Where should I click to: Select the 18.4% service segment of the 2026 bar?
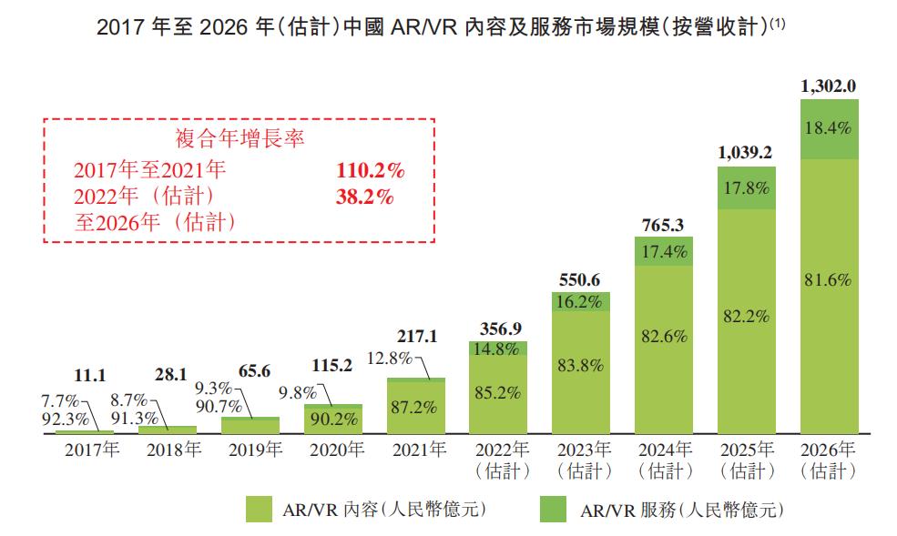pyautogui.click(x=829, y=129)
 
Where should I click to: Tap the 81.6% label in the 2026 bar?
pyautogui.click(x=829, y=280)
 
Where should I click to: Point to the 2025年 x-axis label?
pyautogui.click(x=747, y=450)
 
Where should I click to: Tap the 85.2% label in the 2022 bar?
pyautogui.click(x=498, y=393)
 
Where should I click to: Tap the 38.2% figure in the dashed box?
pyautogui.click(x=364, y=196)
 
